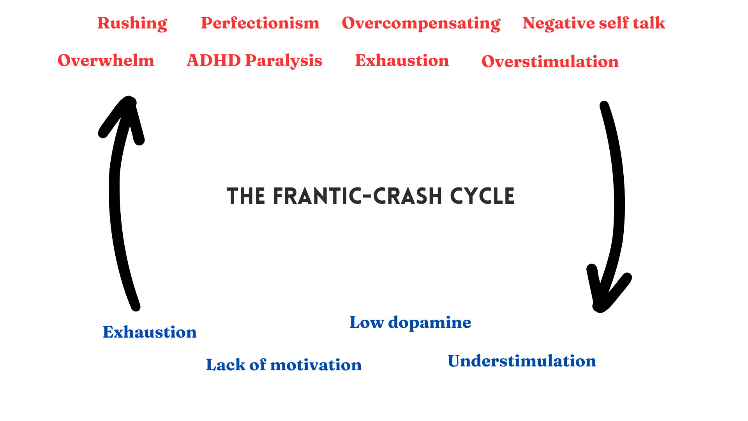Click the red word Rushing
132,23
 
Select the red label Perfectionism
260,23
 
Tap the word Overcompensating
421,23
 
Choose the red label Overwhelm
106,60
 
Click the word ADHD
214,60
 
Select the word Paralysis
284,61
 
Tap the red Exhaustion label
402,60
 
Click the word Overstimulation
550,62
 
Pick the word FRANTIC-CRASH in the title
358,196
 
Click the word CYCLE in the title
482,196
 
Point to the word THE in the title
246,196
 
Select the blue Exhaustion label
150,332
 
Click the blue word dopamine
429,323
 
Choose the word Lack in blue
226,365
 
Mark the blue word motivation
316,365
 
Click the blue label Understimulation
522,361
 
